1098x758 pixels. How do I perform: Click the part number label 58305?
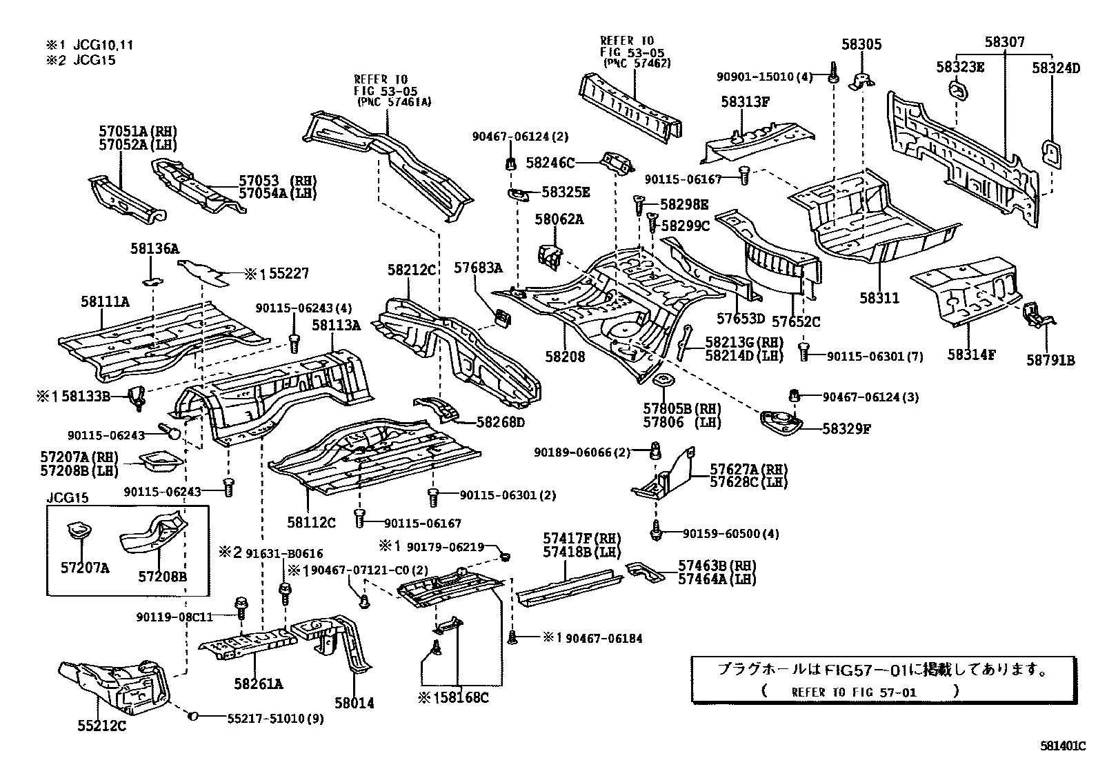(861, 44)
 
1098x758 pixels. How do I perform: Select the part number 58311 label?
(879, 298)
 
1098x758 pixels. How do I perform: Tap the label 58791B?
(1050, 359)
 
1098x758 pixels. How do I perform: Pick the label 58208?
(565, 357)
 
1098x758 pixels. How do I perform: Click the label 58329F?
(846, 428)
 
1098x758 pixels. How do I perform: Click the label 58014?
(354, 703)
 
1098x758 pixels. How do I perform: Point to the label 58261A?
(258, 684)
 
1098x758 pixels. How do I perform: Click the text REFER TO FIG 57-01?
(854, 692)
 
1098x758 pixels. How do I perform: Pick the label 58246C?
(549, 163)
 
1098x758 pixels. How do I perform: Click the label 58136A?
(154, 248)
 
